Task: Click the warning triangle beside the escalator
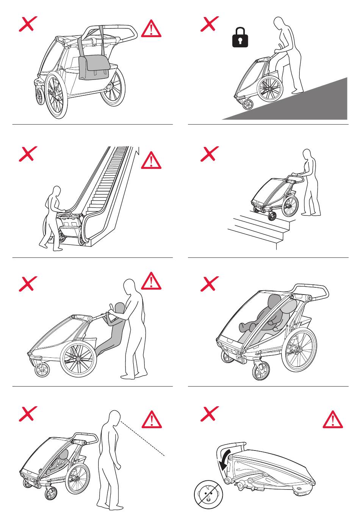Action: pos(151,160)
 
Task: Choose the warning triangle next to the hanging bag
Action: pos(151,29)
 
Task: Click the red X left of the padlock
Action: pos(209,24)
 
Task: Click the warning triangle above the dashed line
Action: pos(151,420)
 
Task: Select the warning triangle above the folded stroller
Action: pos(332,419)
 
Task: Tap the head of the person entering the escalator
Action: pos(56,191)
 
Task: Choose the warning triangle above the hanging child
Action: pos(151,281)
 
